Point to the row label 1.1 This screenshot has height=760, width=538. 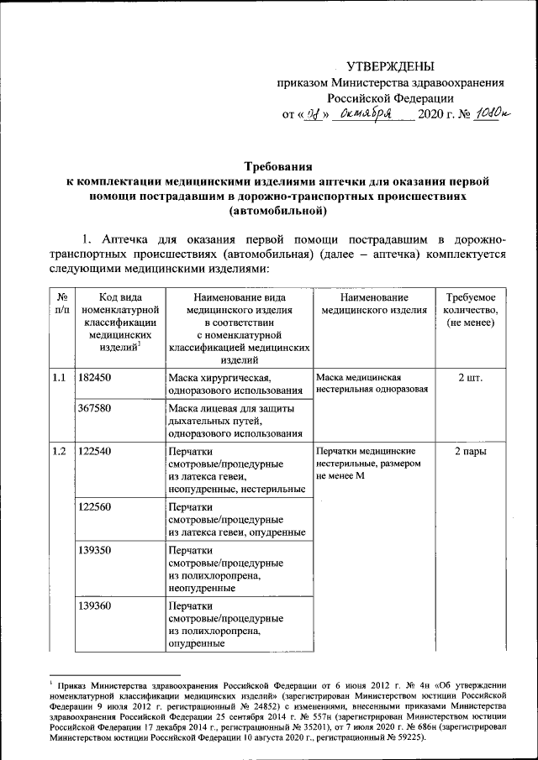pos(59,379)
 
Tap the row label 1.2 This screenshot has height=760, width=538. pos(59,451)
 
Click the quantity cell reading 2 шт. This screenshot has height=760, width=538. pos(470,379)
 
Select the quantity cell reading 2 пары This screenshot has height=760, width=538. pos(470,451)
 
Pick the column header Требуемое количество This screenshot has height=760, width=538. pos(470,310)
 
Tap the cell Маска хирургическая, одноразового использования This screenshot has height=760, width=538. pos(235,385)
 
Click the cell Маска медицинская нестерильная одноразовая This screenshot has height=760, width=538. pos(372,383)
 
